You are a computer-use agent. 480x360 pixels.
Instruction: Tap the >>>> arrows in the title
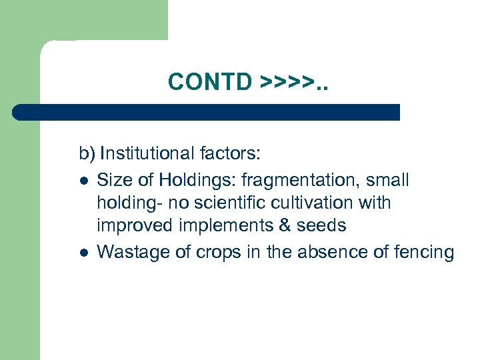(x=287, y=81)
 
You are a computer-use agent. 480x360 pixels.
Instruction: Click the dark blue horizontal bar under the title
(x=207, y=112)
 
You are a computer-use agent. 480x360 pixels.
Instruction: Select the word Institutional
(x=147, y=155)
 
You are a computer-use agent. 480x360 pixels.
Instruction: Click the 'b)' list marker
(x=87, y=155)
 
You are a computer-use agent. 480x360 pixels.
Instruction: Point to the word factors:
(x=230, y=155)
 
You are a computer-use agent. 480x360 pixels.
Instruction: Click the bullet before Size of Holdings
(x=83, y=180)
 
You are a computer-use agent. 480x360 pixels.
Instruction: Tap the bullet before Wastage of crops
(x=83, y=252)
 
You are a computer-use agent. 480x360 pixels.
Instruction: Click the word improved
(x=135, y=226)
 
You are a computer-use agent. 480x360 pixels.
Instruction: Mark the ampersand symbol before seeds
(x=285, y=226)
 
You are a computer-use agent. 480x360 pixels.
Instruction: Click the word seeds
(x=321, y=226)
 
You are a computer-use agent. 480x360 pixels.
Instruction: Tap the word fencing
(x=421, y=252)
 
